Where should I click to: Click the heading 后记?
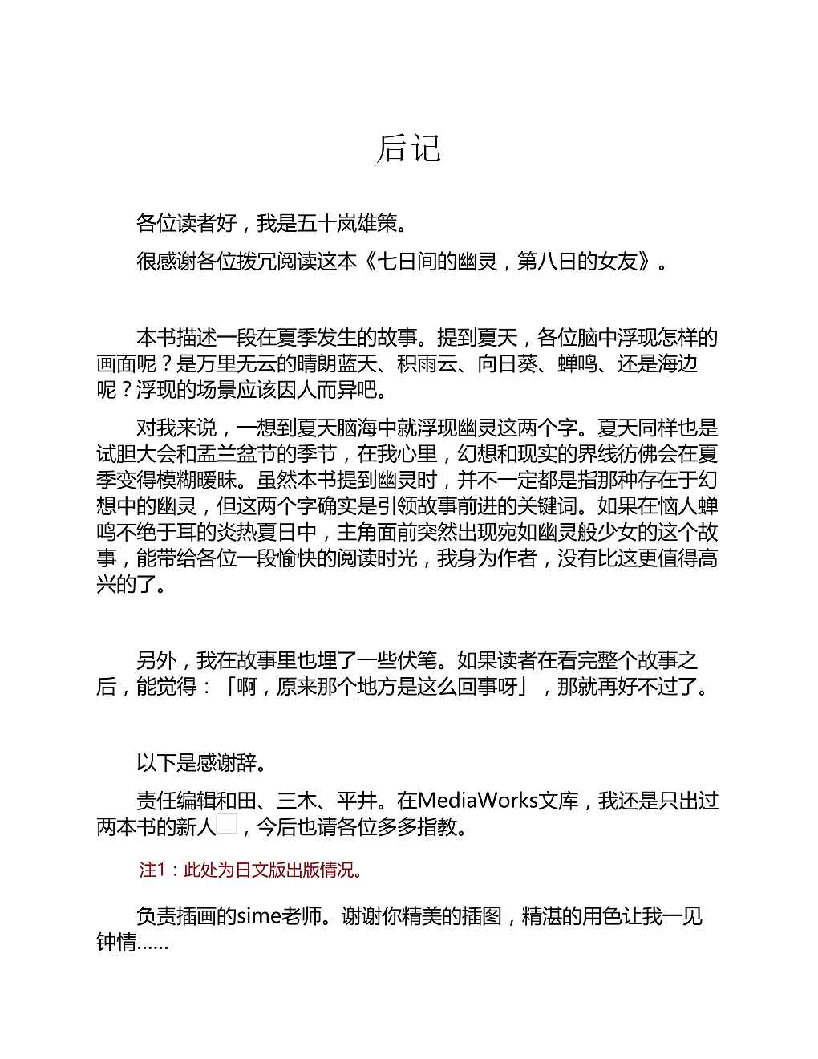coord(408,148)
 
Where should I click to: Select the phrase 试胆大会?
coord(136,454)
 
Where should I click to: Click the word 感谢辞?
coord(227,762)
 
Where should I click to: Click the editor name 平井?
coord(357,801)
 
